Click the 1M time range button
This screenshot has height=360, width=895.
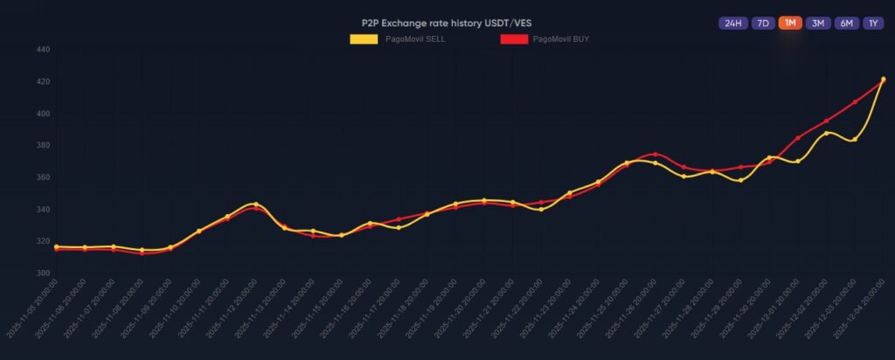[790, 23]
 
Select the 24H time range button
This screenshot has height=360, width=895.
[732, 23]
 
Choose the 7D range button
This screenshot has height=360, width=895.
[762, 23]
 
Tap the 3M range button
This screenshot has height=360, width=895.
[818, 23]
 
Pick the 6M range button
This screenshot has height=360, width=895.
[846, 23]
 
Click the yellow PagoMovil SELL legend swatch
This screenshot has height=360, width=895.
[364, 39]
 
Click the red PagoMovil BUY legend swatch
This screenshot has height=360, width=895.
[514, 39]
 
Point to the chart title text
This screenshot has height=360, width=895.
[447, 22]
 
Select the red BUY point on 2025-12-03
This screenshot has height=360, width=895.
[855, 102]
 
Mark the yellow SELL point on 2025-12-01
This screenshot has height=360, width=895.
[798, 161]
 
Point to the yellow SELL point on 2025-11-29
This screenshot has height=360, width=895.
[741, 180]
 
